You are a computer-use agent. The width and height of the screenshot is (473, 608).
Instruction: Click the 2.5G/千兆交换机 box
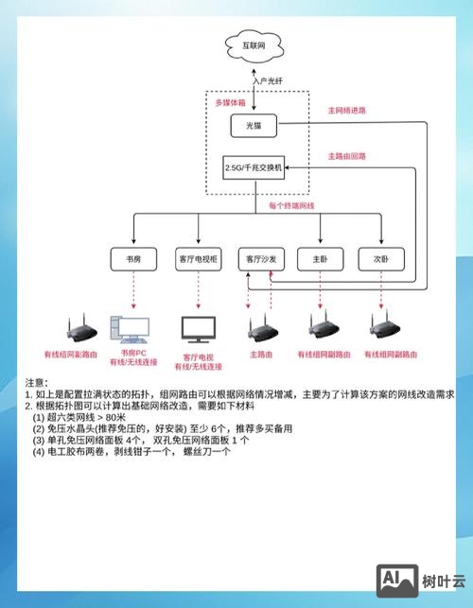(253, 167)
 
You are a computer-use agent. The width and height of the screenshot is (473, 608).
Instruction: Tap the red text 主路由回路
(346, 156)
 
